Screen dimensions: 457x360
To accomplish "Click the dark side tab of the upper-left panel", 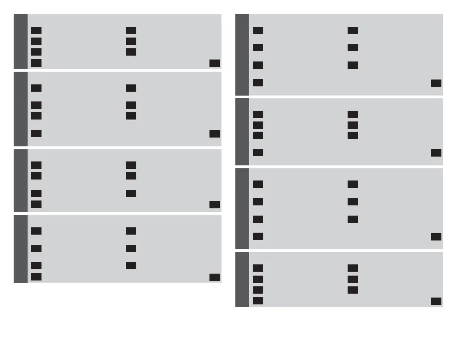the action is point(21,41).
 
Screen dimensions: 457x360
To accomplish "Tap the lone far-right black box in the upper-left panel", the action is point(214,63).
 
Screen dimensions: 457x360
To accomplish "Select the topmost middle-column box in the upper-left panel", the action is point(131,31).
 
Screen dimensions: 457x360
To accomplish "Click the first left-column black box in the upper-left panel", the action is point(36,31).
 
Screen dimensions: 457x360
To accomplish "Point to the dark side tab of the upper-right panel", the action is point(242,55).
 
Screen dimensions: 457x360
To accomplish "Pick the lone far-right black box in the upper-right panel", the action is point(436,83).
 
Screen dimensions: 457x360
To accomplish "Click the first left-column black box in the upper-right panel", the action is point(258,31).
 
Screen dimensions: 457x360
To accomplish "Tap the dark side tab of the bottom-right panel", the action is point(242,280).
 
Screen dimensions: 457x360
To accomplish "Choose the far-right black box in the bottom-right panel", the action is point(436,301).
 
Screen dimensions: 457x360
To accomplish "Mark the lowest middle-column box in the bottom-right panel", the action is point(353,290).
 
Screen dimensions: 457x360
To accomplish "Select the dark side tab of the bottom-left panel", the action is point(21,249).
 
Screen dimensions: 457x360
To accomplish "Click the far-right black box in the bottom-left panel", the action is point(214,277).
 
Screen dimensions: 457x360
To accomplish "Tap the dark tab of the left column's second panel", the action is point(21,109).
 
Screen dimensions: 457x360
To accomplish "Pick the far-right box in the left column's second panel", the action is point(214,134).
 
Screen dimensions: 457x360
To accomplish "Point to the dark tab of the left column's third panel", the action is point(21,180).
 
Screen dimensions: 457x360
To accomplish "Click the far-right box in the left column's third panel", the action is point(214,204).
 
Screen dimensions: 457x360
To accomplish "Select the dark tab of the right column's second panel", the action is point(242,132).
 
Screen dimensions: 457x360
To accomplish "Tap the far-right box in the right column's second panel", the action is point(436,153).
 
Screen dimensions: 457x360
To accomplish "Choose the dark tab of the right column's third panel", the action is point(242,209).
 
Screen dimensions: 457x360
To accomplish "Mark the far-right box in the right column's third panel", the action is point(436,237).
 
